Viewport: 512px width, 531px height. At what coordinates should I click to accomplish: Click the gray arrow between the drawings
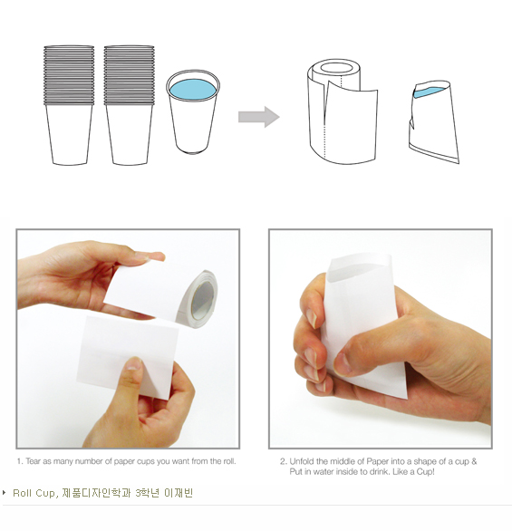pos(259,117)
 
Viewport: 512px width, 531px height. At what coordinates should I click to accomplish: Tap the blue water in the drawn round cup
pos(192,90)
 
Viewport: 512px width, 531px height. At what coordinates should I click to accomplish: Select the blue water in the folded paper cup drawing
pos(428,92)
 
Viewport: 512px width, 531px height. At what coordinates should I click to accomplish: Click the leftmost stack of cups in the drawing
pos(69,105)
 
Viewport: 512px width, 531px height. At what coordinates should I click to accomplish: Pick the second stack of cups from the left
pos(129,105)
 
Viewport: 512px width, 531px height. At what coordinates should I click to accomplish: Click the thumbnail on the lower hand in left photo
pos(134,363)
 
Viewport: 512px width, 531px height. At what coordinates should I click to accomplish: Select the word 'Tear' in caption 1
pos(34,461)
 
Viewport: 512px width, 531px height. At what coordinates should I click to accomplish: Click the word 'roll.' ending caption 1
pos(228,461)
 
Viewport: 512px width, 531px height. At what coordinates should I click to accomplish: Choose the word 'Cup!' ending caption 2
pos(425,472)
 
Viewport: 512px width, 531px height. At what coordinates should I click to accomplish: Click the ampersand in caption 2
pos(474,461)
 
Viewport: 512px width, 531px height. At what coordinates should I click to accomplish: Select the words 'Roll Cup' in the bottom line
pos(34,493)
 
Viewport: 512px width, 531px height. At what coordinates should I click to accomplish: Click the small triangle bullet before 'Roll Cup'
pos(4,492)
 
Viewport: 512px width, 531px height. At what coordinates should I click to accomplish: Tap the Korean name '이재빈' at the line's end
pos(179,493)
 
